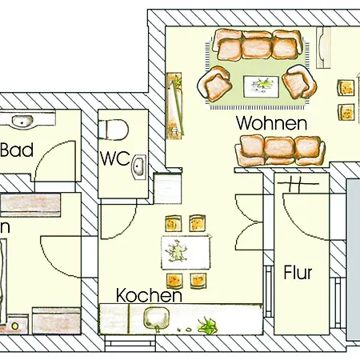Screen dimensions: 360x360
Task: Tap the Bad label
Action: click(x=16, y=150)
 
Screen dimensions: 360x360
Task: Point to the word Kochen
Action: click(x=148, y=296)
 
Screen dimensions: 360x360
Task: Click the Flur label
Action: click(x=298, y=273)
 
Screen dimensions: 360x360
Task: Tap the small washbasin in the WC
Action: click(x=139, y=166)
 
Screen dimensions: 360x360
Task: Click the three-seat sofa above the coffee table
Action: click(x=257, y=47)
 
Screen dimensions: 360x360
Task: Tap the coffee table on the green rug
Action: click(x=260, y=82)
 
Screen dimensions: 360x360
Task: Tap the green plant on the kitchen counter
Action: click(x=208, y=323)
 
